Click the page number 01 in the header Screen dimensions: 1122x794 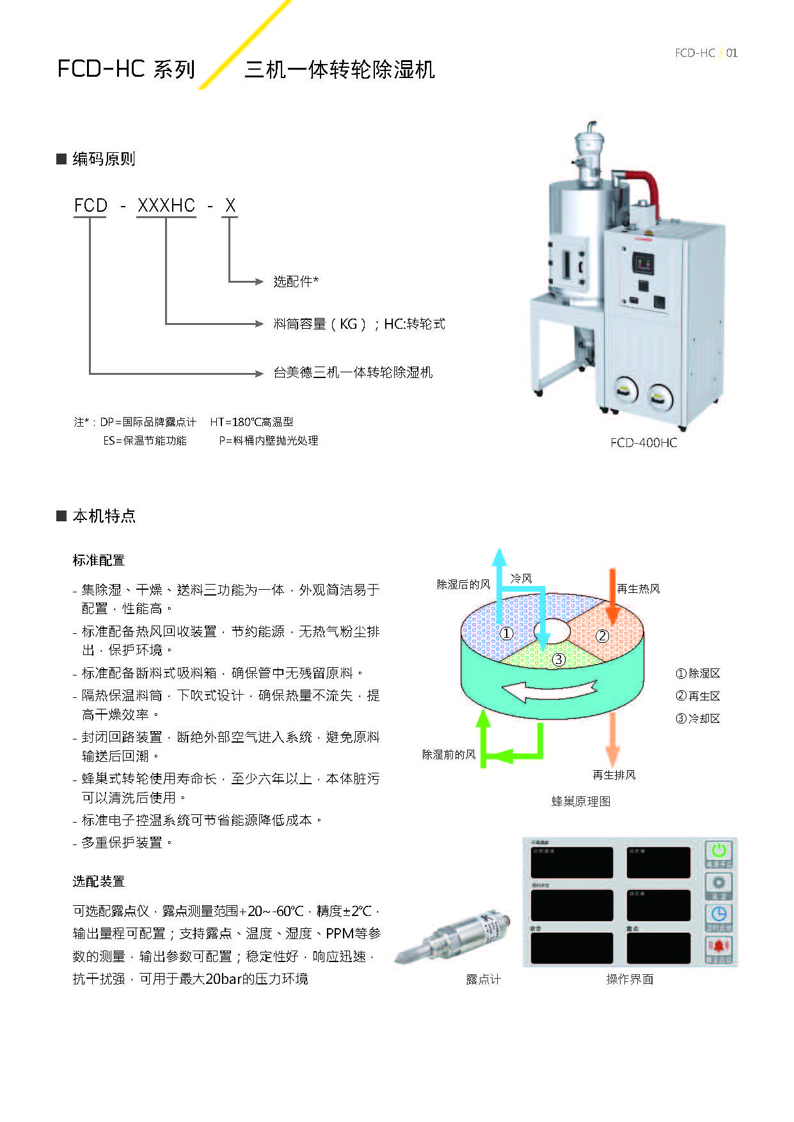tap(731, 53)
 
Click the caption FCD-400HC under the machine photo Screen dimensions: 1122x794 tap(643, 443)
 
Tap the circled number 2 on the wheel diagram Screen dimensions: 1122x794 tap(602, 636)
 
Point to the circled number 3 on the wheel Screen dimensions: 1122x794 tap(559, 660)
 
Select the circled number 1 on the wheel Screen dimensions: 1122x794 tap(507, 633)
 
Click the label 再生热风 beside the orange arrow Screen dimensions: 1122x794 tap(638, 589)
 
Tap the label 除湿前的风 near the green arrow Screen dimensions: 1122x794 tap(449, 755)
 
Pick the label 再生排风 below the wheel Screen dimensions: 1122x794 tap(614, 775)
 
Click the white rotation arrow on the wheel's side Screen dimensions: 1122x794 tap(550, 690)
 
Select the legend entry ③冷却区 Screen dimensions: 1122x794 tap(698, 718)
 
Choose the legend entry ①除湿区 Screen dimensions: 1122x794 tap(698, 674)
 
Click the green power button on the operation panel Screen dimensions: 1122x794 tap(719, 853)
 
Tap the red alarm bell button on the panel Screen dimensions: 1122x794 tap(719, 948)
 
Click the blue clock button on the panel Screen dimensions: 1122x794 tap(719, 915)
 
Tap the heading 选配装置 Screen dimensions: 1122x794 tap(99, 881)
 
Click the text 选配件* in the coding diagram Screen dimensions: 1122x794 tap(296, 281)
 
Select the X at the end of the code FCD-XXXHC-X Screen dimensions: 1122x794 tap(230, 205)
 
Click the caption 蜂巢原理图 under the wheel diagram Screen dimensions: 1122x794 tap(581, 802)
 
